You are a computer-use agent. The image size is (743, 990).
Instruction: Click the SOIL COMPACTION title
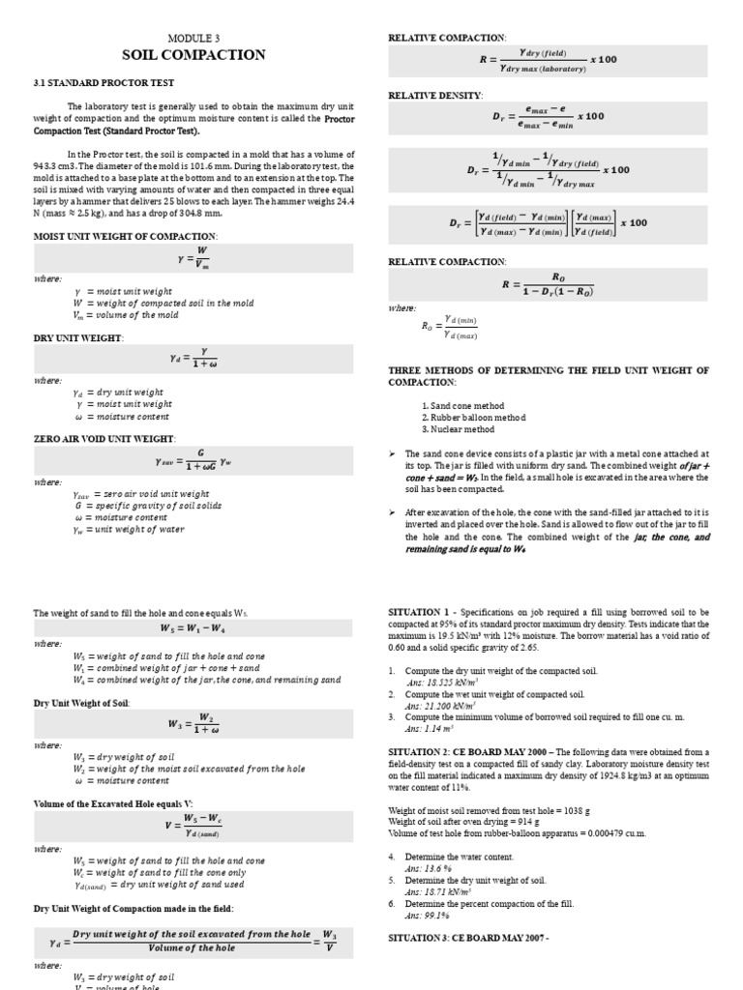pyautogui.click(x=193, y=55)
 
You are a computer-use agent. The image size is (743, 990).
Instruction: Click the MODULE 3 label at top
pyautogui.click(x=193, y=36)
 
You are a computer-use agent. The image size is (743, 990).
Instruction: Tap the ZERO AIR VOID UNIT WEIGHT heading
pyautogui.click(x=104, y=439)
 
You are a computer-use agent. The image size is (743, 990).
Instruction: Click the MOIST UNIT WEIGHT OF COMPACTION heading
pyautogui.click(x=126, y=236)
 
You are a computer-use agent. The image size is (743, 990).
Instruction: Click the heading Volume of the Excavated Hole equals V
pyautogui.click(x=113, y=803)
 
